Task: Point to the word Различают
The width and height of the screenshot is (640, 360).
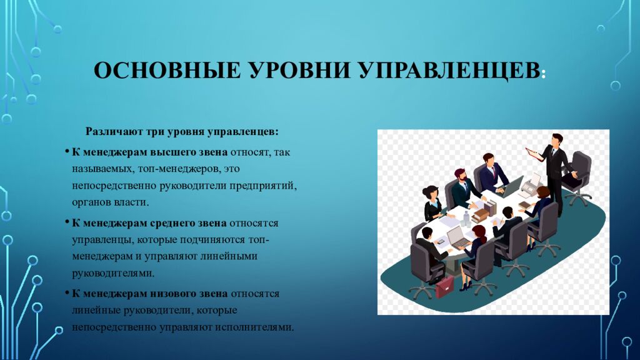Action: (112, 132)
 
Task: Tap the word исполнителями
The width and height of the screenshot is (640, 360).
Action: (259, 327)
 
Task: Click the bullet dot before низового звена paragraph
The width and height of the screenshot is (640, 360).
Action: (66, 294)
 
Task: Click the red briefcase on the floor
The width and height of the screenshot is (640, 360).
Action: (445, 286)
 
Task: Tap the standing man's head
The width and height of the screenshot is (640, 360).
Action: (556, 139)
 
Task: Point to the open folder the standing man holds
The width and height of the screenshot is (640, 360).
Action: (532, 152)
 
